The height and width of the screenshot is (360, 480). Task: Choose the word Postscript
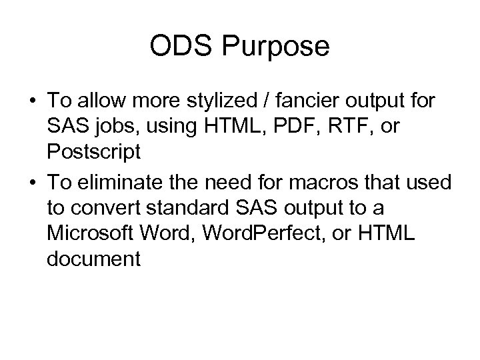click(94, 152)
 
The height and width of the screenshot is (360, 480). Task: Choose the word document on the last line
click(94, 259)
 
